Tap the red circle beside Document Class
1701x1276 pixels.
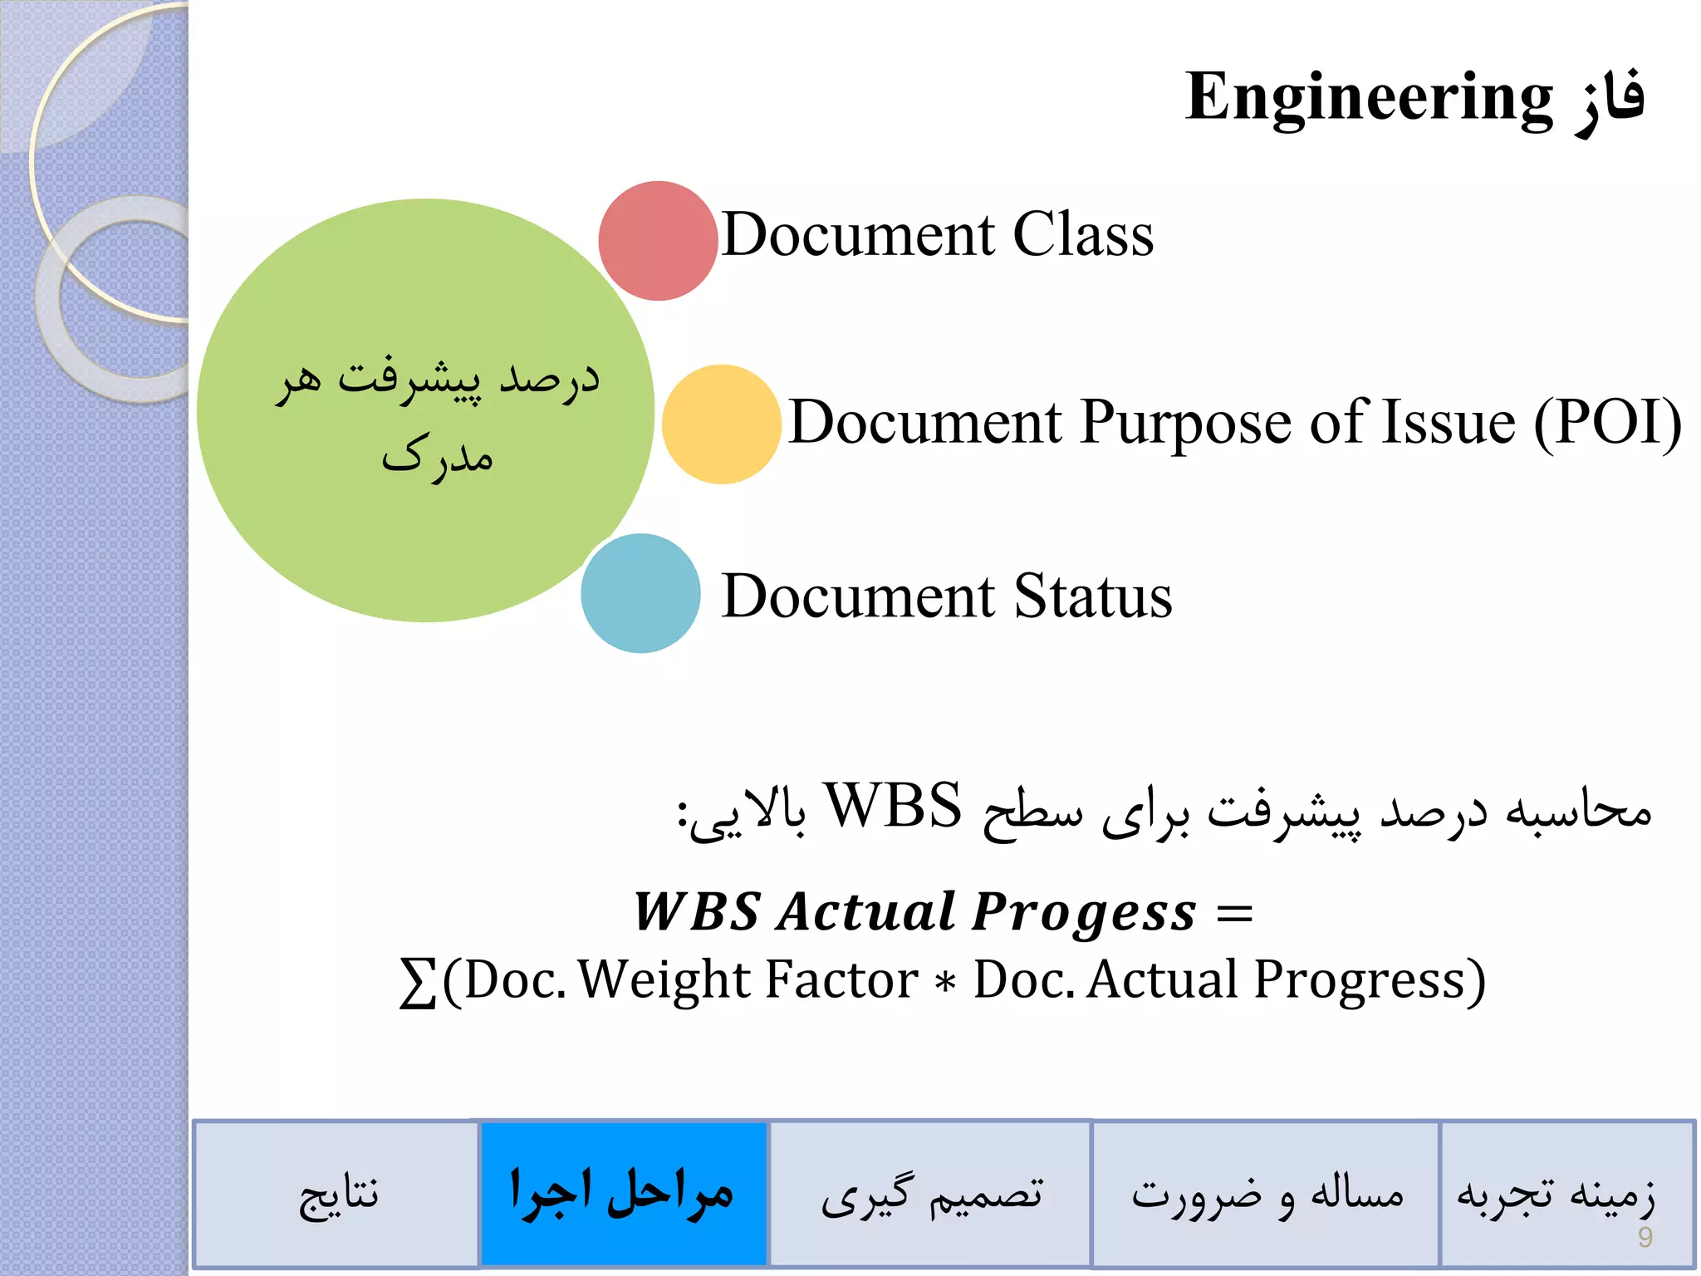tap(658, 241)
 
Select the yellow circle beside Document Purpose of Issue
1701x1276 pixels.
tap(721, 425)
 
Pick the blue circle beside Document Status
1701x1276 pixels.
tap(640, 593)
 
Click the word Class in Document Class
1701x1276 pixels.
tap(1083, 234)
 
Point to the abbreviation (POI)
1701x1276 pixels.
tap(1607, 423)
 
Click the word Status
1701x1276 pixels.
tap(1093, 596)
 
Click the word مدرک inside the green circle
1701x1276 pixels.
tap(438, 456)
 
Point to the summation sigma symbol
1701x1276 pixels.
tap(418, 982)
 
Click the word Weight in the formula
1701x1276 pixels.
tap(664, 980)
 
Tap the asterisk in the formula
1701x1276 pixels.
tap(944, 983)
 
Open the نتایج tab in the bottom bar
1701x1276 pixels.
tap(337, 1195)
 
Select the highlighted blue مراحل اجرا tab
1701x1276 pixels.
tap(623, 1194)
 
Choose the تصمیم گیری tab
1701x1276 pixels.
tap(930, 1195)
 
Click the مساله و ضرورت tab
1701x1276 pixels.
tap(1265, 1195)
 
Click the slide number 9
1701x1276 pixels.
tap(1645, 1238)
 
